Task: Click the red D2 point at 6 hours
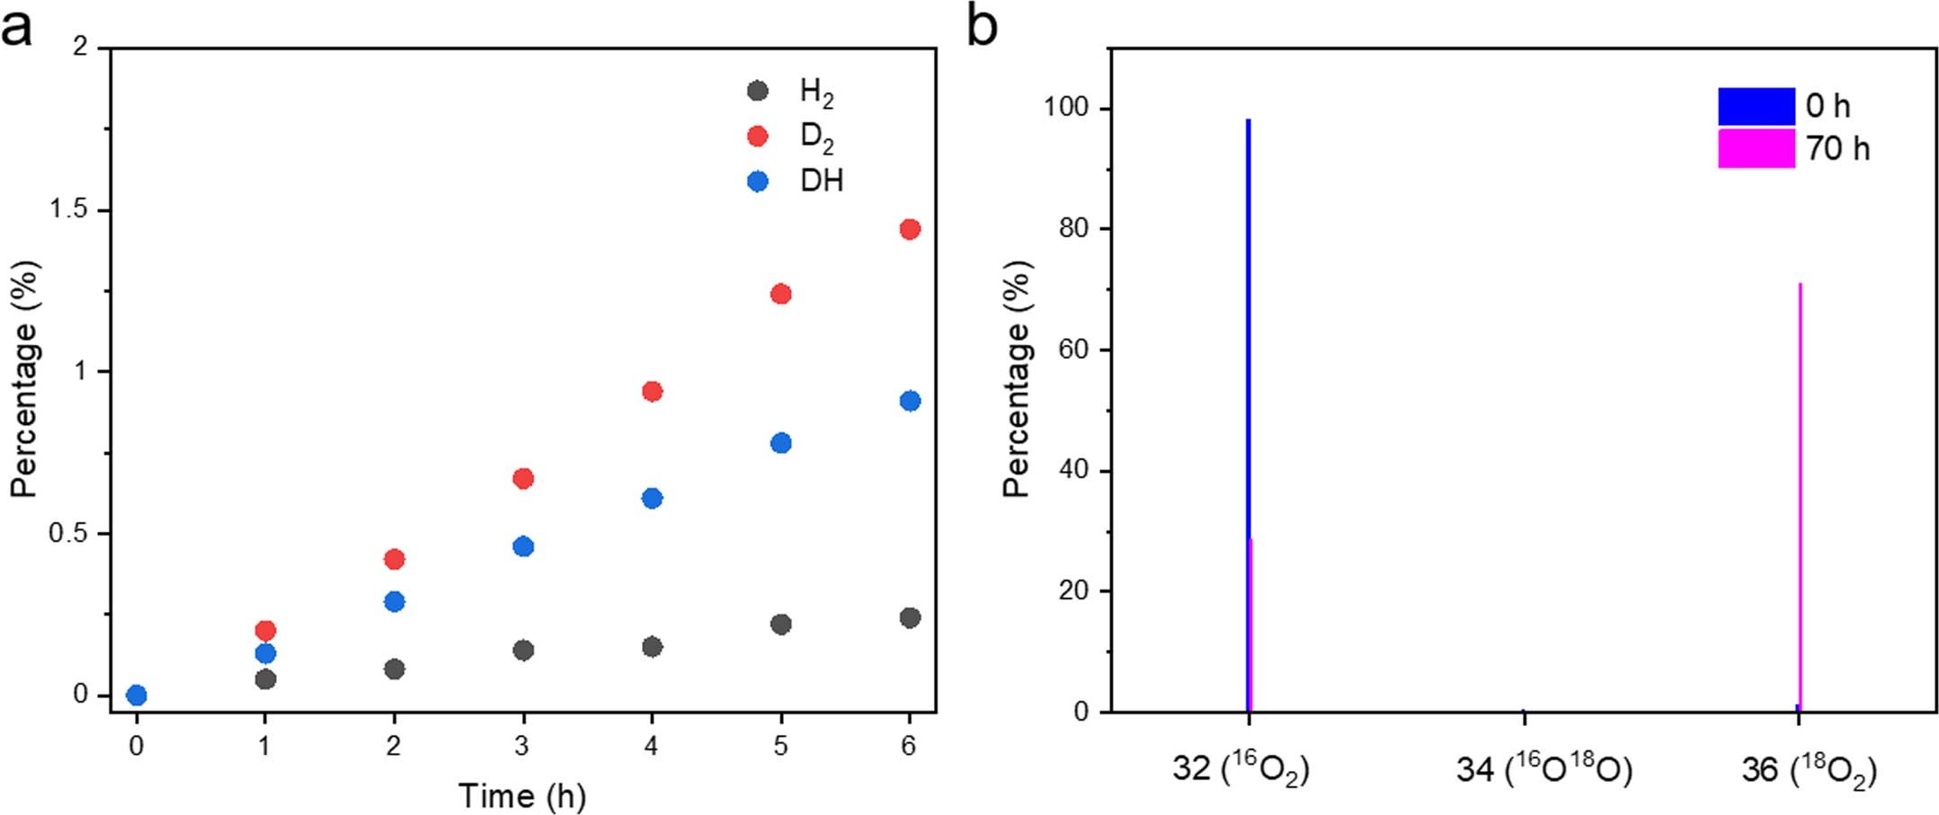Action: tap(909, 229)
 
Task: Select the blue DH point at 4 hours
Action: tap(652, 498)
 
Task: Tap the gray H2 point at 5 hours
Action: tap(780, 624)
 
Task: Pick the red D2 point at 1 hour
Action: tap(265, 630)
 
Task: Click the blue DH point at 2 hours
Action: tap(394, 601)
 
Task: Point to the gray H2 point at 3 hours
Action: tap(523, 650)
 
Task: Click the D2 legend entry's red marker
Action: tap(758, 136)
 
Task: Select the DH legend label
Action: tap(822, 182)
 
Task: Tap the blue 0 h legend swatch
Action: tap(1756, 106)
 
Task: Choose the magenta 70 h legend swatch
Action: tap(1756, 148)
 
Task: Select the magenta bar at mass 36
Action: tap(1800, 494)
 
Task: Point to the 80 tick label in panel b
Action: tap(1073, 228)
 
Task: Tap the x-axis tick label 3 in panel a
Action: tap(522, 746)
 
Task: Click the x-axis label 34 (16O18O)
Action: tap(1543, 770)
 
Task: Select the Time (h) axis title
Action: tap(521, 795)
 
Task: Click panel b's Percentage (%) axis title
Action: tap(1017, 379)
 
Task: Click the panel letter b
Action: tap(982, 27)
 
